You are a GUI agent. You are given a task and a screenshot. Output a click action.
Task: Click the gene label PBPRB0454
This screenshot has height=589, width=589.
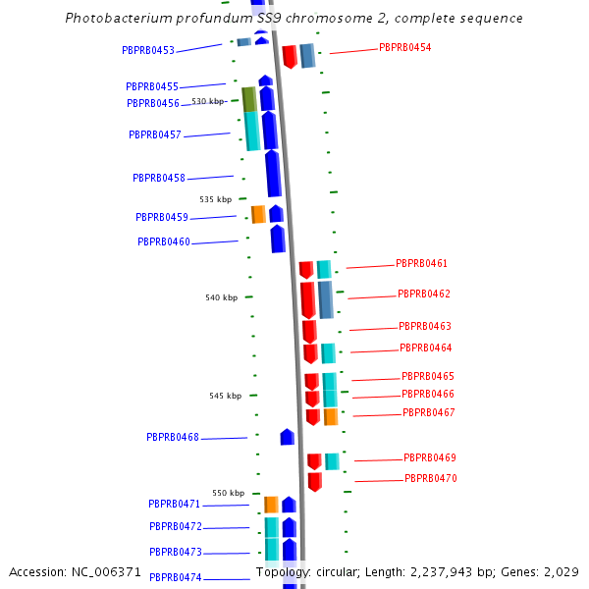point(404,47)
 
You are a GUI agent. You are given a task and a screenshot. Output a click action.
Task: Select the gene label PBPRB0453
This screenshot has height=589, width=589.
point(148,51)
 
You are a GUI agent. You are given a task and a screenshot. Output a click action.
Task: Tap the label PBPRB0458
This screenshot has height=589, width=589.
point(159,178)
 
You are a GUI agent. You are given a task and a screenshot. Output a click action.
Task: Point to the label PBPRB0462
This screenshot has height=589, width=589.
point(424,294)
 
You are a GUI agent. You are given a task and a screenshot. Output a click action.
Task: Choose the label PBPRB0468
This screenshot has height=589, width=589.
point(173,437)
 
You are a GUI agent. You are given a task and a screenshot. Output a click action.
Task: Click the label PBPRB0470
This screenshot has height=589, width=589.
point(431,479)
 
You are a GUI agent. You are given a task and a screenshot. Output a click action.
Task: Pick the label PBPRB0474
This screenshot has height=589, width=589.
point(176,578)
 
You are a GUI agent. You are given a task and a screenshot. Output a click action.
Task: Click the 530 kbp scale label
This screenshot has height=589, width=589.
point(208,101)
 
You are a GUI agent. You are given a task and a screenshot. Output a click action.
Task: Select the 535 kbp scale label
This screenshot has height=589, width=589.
point(216,199)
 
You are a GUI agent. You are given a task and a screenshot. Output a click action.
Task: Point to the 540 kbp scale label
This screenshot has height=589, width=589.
point(221,297)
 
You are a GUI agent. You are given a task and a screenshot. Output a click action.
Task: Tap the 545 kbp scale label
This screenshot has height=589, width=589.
point(225,396)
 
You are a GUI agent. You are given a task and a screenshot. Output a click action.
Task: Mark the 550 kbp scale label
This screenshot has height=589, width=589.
point(229,493)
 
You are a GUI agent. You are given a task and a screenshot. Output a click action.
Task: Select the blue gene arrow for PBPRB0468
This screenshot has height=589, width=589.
point(288,437)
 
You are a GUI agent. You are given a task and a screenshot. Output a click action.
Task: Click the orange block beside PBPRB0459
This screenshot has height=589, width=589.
point(258,214)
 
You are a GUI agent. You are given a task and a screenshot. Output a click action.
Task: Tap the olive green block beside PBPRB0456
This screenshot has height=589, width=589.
point(249,99)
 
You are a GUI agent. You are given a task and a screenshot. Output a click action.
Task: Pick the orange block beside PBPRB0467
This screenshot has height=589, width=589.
point(331,416)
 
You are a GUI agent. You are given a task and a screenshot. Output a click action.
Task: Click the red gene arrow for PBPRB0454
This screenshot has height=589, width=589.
point(290,56)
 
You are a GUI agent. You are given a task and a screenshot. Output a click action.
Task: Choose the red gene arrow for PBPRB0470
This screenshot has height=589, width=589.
point(315,481)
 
